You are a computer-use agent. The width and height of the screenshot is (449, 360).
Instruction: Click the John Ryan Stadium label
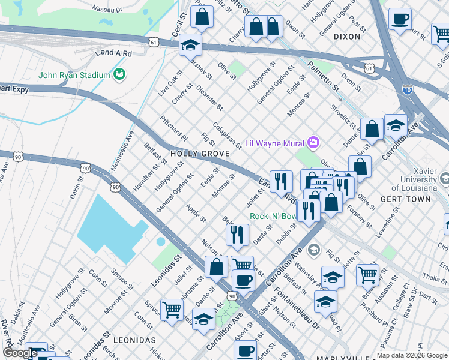tap(74, 75)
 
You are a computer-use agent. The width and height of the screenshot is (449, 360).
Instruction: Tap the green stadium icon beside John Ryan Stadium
tap(119, 74)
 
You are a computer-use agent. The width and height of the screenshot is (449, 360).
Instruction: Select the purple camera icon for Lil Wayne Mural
tap(313, 143)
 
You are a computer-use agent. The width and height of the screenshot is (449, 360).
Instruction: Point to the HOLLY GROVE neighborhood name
tap(200, 154)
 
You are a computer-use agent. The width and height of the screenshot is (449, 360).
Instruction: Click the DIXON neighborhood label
tap(346, 37)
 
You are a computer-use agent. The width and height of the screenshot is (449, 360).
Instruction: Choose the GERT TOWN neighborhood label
tap(405, 199)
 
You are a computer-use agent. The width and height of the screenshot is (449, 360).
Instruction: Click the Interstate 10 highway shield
tap(407, 90)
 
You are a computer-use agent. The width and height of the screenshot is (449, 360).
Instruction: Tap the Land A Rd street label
tap(113, 53)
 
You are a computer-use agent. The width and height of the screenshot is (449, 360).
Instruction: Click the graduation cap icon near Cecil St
tap(190, 45)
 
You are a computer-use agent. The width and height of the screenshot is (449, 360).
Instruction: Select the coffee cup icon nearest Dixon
tap(400, 19)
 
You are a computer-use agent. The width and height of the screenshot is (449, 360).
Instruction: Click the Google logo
tap(20, 353)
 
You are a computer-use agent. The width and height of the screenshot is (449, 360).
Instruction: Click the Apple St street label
tap(196, 212)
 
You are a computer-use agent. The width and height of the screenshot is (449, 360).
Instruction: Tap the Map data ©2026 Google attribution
tap(411, 355)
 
